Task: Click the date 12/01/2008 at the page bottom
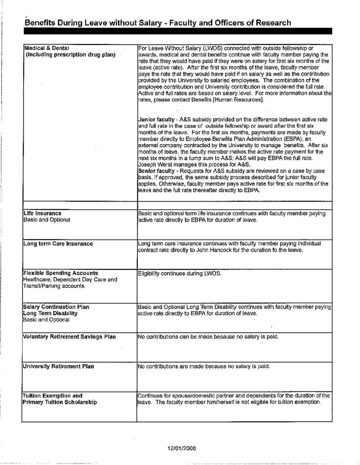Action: point(182,448)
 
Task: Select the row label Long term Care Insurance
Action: point(58,244)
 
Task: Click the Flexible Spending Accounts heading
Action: point(60,273)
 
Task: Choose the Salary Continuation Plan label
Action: point(56,307)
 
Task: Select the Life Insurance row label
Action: point(42,213)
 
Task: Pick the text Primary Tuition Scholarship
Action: point(60,402)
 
